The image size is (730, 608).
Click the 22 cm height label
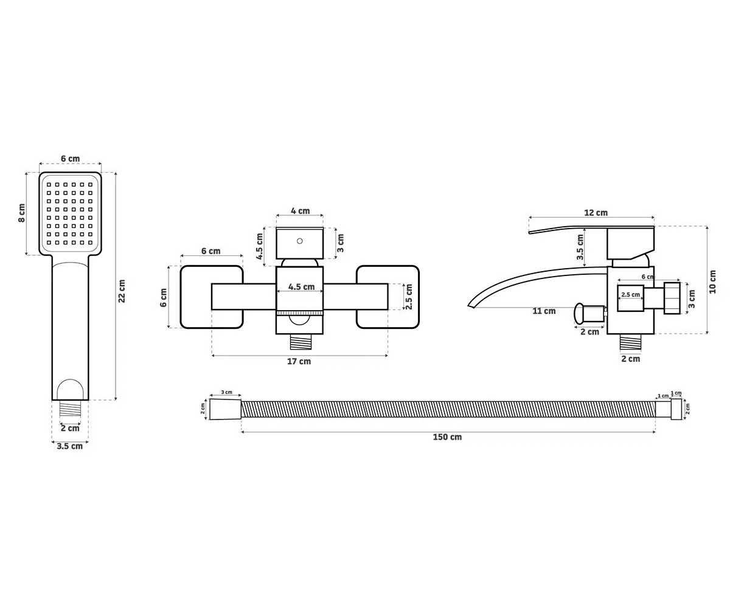pyautogui.click(x=122, y=291)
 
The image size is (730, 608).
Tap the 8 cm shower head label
pyautogui.click(x=22, y=213)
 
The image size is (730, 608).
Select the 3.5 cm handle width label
pyautogui.click(x=70, y=446)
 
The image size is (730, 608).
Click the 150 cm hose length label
pyautogui.click(x=447, y=437)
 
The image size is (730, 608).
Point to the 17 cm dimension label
pyautogui.click(x=299, y=361)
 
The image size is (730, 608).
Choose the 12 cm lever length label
pyautogui.click(x=596, y=212)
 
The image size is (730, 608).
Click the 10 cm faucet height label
pyautogui.click(x=712, y=282)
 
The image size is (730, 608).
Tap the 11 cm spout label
pyautogui.click(x=544, y=311)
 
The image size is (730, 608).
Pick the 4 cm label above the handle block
pyautogui.click(x=301, y=211)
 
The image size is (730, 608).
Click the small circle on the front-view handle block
pyautogui.click(x=300, y=241)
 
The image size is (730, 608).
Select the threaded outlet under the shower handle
pyautogui.click(x=70, y=408)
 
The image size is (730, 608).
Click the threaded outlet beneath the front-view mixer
pyautogui.click(x=301, y=342)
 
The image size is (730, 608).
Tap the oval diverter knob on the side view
pyautogui.click(x=579, y=314)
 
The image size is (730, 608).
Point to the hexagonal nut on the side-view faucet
pyautogui.click(x=672, y=298)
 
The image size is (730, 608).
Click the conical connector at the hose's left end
pyautogui.click(x=225, y=409)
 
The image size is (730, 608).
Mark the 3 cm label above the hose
pyautogui.click(x=226, y=392)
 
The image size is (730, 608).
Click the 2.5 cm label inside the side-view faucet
pyautogui.click(x=630, y=294)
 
